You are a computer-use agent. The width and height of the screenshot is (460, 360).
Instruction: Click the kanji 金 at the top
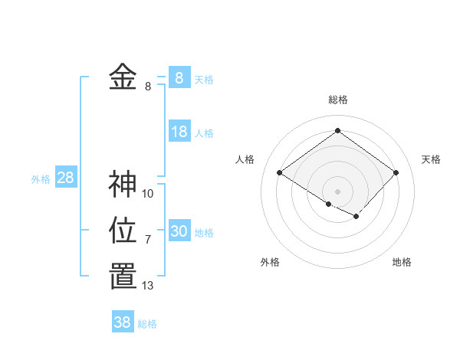[x=123, y=77]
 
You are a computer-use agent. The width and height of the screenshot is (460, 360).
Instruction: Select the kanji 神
[x=123, y=185]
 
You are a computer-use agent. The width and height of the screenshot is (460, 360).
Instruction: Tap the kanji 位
[x=123, y=231]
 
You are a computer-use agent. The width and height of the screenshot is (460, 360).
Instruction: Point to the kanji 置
[x=123, y=277]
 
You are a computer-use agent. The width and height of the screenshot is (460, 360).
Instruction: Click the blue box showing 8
[x=179, y=77]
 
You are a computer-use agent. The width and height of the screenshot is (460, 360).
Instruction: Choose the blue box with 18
[x=179, y=132]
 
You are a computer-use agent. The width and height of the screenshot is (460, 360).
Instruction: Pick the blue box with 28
[x=66, y=178]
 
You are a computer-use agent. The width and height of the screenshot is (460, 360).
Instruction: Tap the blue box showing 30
[x=179, y=231]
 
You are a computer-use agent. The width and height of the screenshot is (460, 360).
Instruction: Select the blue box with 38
[x=123, y=322]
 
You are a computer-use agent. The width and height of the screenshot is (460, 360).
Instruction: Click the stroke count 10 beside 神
[x=148, y=194]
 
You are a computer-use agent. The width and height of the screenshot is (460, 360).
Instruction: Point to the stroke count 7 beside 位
[x=148, y=240]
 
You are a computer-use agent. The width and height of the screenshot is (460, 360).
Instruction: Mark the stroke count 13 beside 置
[x=148, y=286]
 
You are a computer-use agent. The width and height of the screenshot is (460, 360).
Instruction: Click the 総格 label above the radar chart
[x=338, y=100]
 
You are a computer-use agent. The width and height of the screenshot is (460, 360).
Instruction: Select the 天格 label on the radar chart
[x=431, y=159]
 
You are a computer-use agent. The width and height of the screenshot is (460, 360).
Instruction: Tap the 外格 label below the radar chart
[x=270, y=262]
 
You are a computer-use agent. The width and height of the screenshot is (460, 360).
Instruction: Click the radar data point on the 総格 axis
[x=337, y=130]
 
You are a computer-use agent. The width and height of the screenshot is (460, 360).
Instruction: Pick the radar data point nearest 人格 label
[x=280, y=173]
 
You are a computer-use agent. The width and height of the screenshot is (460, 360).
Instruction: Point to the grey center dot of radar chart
[x=337, y=191]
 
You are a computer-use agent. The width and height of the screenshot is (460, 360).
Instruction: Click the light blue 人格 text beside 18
[x=204, y=133]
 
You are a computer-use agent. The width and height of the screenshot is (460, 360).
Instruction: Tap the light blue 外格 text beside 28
[x=41, y=179]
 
